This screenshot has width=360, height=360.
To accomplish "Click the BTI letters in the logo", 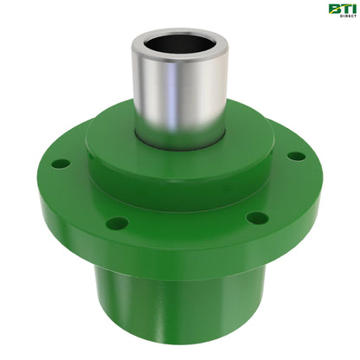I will pos(340,9).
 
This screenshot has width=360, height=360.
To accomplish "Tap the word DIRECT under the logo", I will pos(340,17).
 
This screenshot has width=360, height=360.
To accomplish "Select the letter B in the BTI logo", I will pos(332,9).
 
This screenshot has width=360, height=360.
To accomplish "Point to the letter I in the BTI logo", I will pos(350,9).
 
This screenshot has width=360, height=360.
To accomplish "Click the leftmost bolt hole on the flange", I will pos(61,164).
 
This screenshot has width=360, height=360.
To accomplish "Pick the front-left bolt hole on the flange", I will pos(117,223).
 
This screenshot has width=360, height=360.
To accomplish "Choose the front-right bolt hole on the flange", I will pos(256,217).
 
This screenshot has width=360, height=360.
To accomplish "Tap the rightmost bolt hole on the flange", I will pos(296,157).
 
